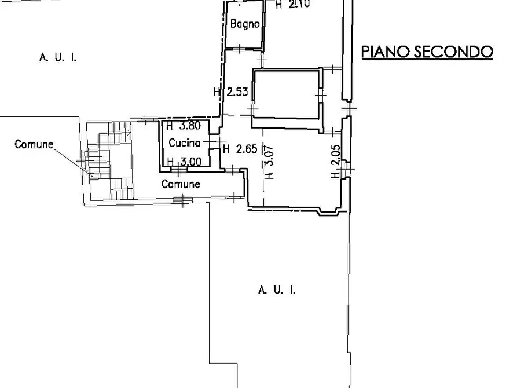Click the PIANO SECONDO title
(427, 52)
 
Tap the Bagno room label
(244, 24)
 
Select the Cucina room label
(185, 143)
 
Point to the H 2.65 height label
(239, 149)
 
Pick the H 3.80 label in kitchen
(183, 125)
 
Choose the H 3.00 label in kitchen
(184, 162)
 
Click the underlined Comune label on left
(34, 144)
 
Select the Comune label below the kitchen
(181, 184)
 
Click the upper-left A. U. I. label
(58, 57)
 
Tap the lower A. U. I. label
(276, 290)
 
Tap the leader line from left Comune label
(72, 159)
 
